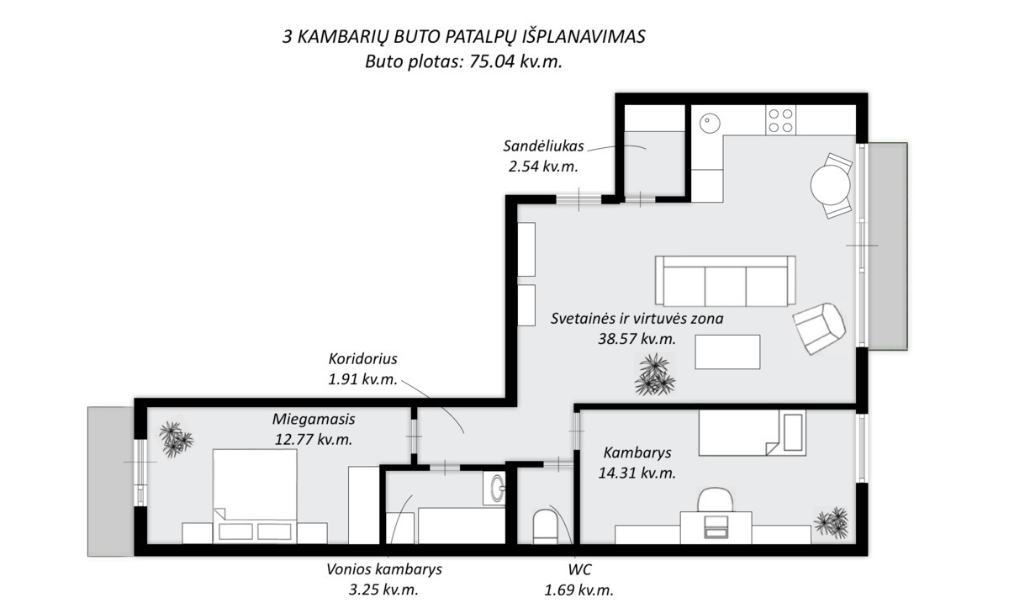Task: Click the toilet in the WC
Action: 545,526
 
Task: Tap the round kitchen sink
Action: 710,123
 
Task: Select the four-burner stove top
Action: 780,120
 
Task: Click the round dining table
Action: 830,185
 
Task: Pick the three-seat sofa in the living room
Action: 725,280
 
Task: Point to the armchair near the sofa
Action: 819,328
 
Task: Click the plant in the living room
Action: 655,374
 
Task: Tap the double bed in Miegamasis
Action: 255,495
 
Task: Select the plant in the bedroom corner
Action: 176,439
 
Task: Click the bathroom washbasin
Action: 495,488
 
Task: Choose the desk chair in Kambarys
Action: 715,500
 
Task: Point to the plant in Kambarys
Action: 832,523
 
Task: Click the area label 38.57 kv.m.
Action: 637,338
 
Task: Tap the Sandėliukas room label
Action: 543,146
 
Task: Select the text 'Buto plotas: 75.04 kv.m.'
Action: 463,61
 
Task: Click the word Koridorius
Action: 362,359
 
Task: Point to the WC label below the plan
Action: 579,569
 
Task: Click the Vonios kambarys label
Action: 383,569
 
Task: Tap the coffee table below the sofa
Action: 727,352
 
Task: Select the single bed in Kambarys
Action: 752,432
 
